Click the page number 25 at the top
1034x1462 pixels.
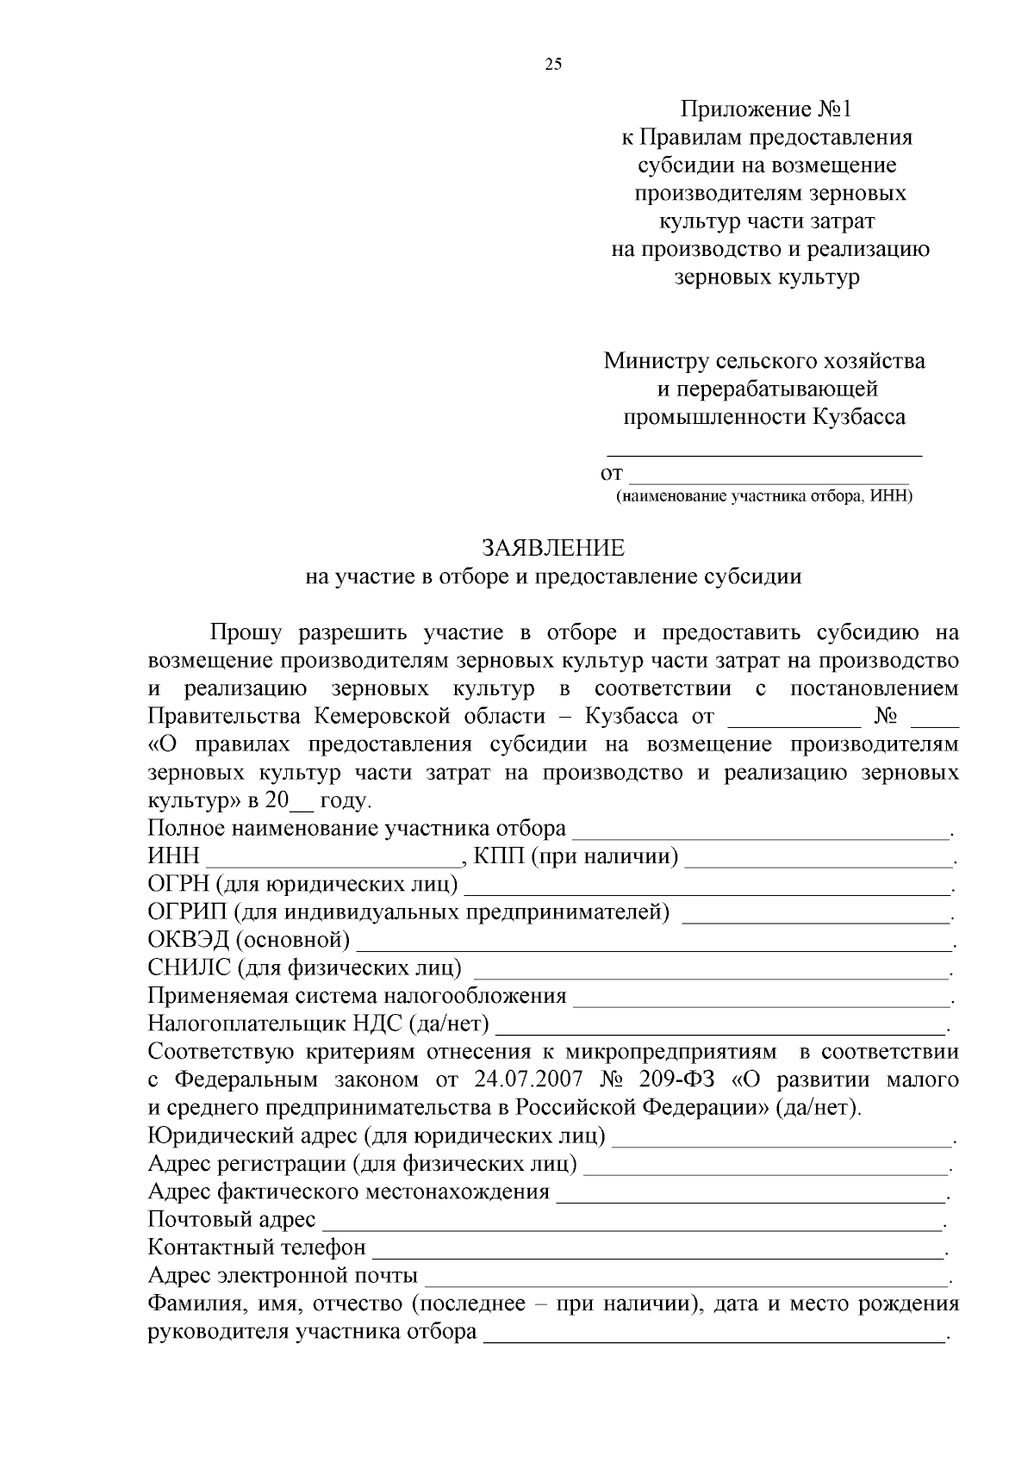point(553,64)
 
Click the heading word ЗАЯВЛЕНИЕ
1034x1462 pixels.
point(553,548)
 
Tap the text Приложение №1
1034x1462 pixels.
point(765,109)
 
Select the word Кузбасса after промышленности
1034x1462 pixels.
point(858,417)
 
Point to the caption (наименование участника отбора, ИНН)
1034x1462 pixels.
point(763,496)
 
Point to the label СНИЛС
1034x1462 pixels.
point(189,968)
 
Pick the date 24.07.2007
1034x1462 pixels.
point(528,1079)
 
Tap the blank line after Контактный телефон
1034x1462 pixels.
point(658,1252)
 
